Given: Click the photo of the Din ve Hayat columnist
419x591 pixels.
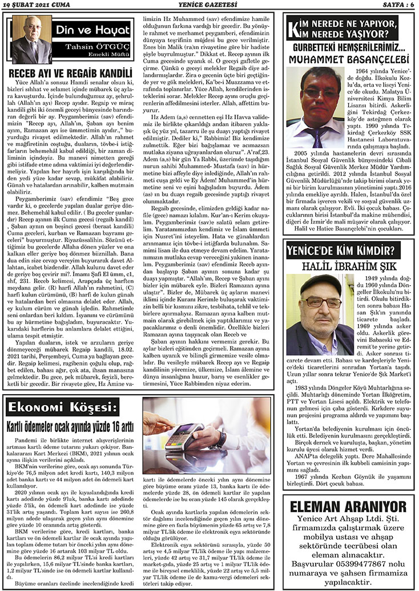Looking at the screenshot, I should (32, 39).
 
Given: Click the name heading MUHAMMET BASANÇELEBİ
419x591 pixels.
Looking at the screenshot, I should (349, 60).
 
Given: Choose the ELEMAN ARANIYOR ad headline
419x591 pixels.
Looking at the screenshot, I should (349, 507).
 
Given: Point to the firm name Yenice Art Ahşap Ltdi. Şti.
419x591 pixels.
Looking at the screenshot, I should (349, 519).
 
